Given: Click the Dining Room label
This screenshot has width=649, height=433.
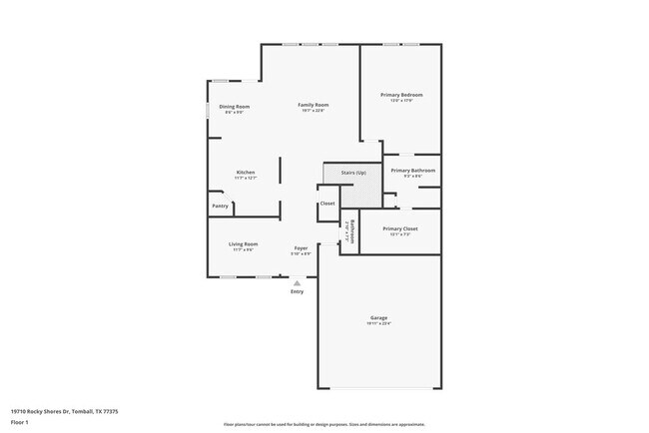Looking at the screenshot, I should (235, 106).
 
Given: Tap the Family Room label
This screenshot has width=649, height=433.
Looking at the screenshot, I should (314, 105).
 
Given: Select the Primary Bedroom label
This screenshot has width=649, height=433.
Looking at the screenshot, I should (396, 95).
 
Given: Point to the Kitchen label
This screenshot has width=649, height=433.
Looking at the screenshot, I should (246, 172).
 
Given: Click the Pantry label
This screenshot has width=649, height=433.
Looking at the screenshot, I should (220, 207).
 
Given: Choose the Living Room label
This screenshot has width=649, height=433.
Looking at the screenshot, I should (244, 243).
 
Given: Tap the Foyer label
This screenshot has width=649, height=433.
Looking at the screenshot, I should (301, 247).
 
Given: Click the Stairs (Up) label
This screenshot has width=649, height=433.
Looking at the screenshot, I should (353, 173).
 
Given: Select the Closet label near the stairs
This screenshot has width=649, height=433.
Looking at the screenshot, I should (327, 205).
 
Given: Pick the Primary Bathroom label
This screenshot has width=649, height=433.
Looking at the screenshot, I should (412, 171).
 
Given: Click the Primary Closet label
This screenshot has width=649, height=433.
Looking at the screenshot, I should (399, 228).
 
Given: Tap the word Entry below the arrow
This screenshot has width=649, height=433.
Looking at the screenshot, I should (297, 291).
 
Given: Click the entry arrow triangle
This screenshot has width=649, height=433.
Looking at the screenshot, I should (297, 283).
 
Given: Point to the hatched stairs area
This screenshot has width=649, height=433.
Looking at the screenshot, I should (363, 192).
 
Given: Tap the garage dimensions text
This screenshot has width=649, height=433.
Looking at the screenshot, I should (378, 324).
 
